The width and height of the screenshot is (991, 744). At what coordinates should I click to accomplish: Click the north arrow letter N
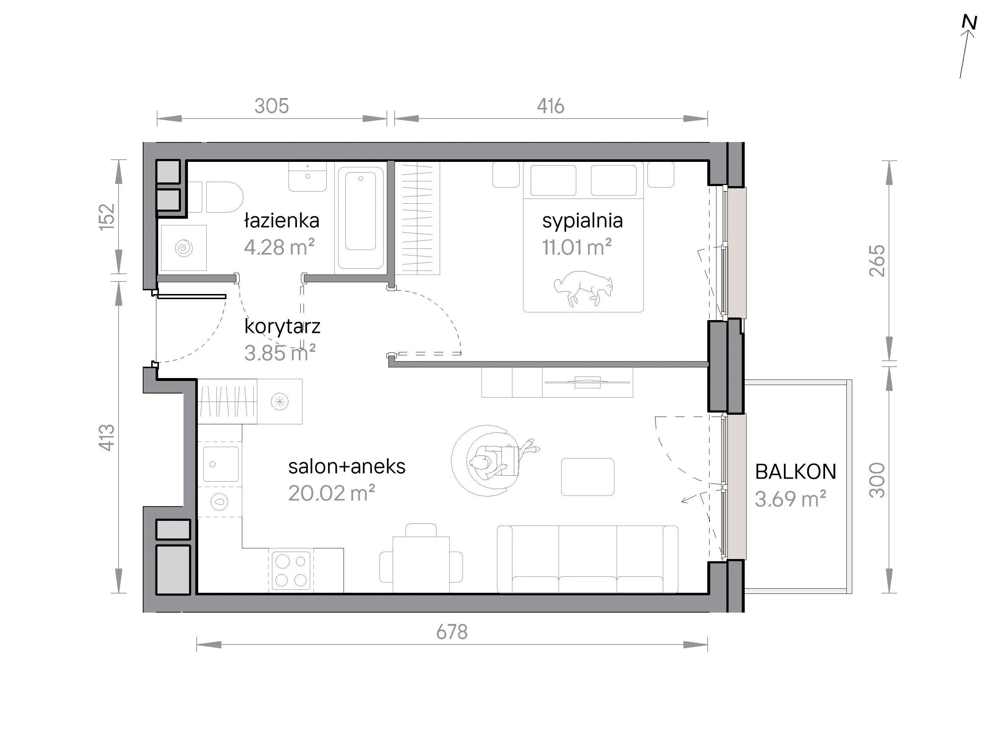[x=969, y=22]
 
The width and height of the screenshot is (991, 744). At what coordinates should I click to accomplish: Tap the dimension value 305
[x=272, y=106]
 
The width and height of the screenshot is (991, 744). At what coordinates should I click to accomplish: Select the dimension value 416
[x=551, y=106]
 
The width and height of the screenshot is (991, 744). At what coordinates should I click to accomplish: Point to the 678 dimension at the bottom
[x=451, y=632]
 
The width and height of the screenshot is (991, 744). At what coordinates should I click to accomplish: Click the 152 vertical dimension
[x=108, y=217]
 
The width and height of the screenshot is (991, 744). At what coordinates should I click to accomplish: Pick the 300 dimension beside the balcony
[x=877, y=480]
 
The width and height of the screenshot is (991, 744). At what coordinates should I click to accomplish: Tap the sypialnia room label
[x=582, y=221]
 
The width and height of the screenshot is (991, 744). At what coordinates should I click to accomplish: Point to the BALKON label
[x=796, y=472]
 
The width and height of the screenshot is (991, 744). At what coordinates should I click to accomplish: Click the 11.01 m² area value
[x=577, y=247]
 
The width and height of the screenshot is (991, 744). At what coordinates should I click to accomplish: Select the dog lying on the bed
[x=584, y=288]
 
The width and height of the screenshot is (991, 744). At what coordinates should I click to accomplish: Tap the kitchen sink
[x=221, y=464]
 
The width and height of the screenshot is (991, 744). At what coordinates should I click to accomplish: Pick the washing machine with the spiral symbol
[x=184, y=248]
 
